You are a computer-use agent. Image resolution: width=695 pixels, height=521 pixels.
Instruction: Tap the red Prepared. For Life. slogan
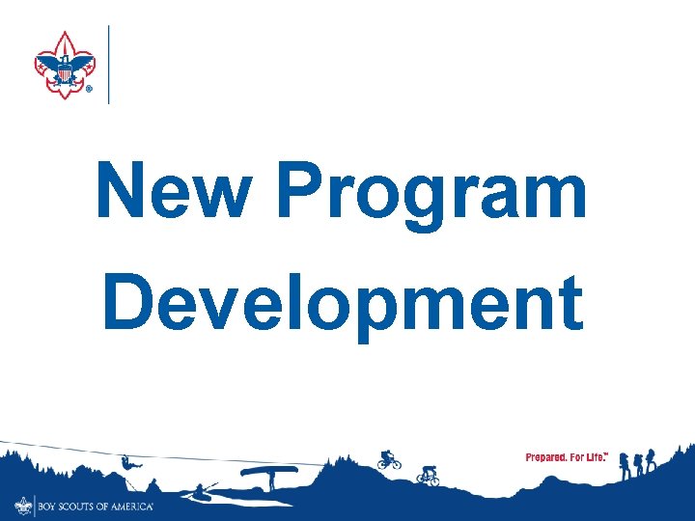567,456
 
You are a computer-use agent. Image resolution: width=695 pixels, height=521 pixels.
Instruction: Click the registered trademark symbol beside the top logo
89,88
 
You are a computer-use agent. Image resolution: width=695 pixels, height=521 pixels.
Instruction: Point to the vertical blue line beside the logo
108,65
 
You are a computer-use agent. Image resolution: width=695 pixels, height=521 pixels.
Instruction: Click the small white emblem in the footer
23,505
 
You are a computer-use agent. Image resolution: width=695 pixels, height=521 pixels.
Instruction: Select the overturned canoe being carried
268,472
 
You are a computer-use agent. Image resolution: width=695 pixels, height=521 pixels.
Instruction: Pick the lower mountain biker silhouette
428,475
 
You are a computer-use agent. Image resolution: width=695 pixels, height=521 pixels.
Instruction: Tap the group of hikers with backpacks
637,462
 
